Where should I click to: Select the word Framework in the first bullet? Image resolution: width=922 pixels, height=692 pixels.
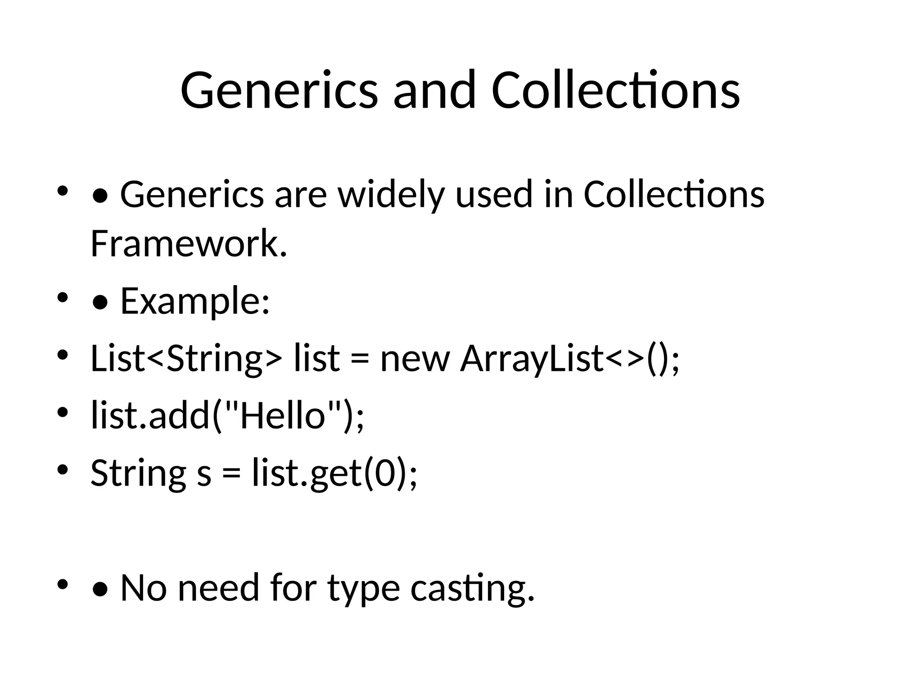tap(189, 244)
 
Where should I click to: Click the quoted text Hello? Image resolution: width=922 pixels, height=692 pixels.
tap(283, 415)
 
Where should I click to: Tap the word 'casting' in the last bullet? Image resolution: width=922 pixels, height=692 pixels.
tap(473, 588)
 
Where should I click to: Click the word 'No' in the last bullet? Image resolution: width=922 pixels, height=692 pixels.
tap(143, 588)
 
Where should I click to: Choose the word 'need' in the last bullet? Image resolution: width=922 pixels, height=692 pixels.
tap(218, 588)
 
